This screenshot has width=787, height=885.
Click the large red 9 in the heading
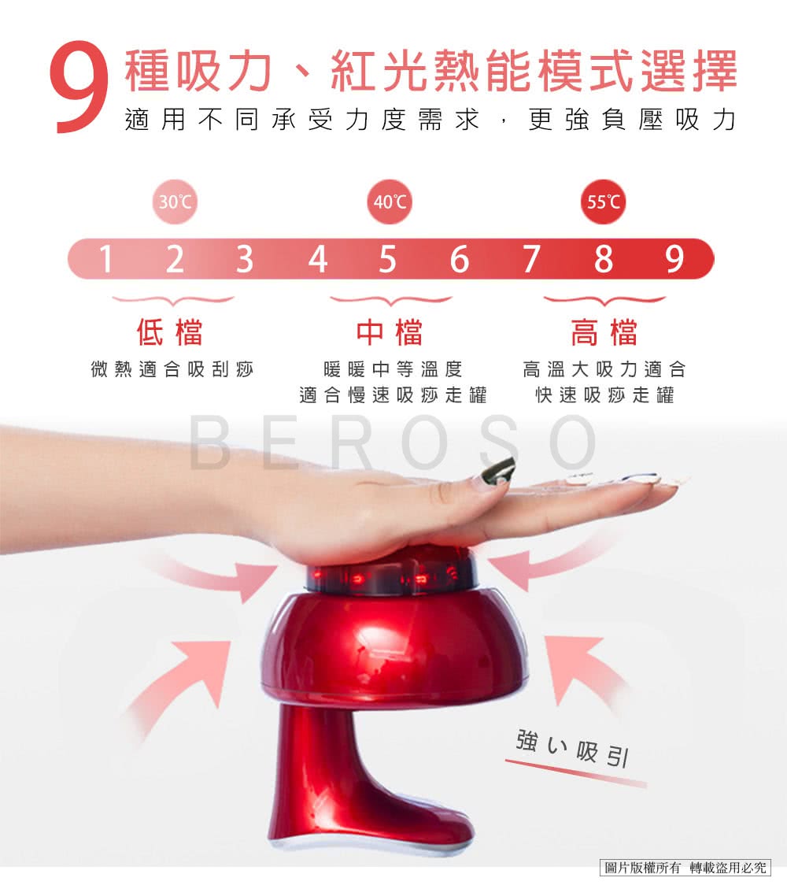pyautogui.click(x=79, y=87)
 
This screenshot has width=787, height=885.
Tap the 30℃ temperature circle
pyautogui.click(x=175, y=202)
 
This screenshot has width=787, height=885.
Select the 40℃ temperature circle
pyautogui.click(x=390, y=202)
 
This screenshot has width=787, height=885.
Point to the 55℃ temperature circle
pyautogui.click(x=603, y=202)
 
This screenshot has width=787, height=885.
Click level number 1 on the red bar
pyautogui.click(x=105, y=259)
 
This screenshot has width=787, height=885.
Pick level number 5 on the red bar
pyautogui.click(x=387, y=259)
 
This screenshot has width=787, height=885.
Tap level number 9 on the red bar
pyautogui.click(x=674, y=259)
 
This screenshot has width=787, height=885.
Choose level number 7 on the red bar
pyautogui.click(x=531, y=259)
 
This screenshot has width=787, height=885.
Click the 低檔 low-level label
pyautogui.click(x=170, y=332)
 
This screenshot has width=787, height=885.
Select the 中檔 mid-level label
pyautogui.click(x=390, y=332)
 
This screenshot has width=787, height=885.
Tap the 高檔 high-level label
pyautogui.click(x=604, y=332)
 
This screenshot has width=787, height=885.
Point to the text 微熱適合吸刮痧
pyautogui.click(x=172, y=369)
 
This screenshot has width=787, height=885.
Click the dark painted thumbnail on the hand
pyautogui.click(x=497, y=472)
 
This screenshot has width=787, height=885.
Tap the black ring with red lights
pyautogui.click(x=391, y=576)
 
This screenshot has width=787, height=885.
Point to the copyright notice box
pyautogui.click(x=685, y=867)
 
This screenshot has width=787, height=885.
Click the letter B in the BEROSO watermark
pyautogui.click(x=210, y=443)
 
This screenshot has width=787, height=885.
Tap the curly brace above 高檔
pyautogui.click(x=604, y=300)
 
